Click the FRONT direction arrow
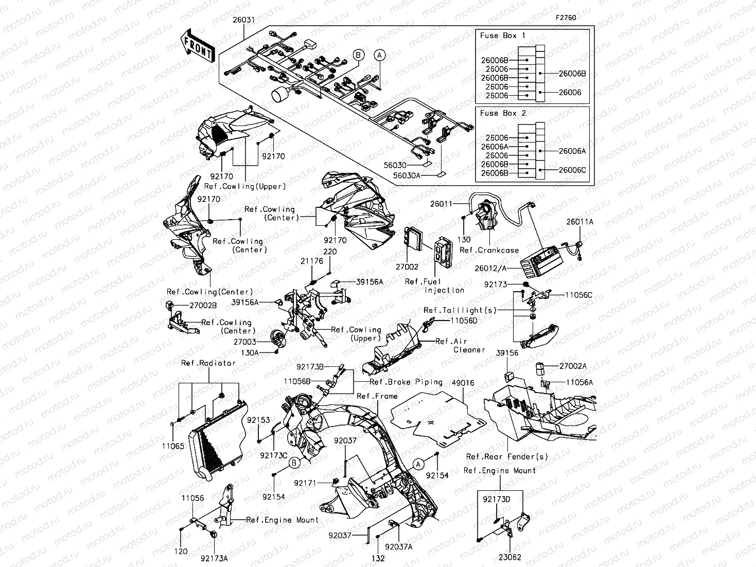pos(198,46)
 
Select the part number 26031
pos(243,19)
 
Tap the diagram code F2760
pos(565,17)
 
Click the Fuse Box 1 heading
pos(503,36)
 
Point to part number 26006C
pos(572,170)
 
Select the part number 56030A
pos(407,175)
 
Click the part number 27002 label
pos(407,267)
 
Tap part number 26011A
pos(580,222)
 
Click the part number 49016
pos(463,383)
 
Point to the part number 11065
pos(173,447)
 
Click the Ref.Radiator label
pos(208,363)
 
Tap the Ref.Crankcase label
pos(489,250)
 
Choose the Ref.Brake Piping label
pos(406,382)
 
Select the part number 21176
pos(312,261)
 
